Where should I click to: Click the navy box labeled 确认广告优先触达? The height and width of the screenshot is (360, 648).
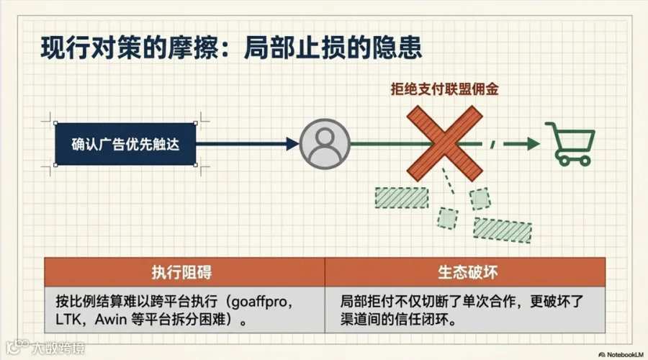click(x=125, y=144)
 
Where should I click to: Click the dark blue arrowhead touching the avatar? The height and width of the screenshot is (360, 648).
click(x=291, y=144)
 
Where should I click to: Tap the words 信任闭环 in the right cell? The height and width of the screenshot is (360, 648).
click(x=425, y=320)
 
